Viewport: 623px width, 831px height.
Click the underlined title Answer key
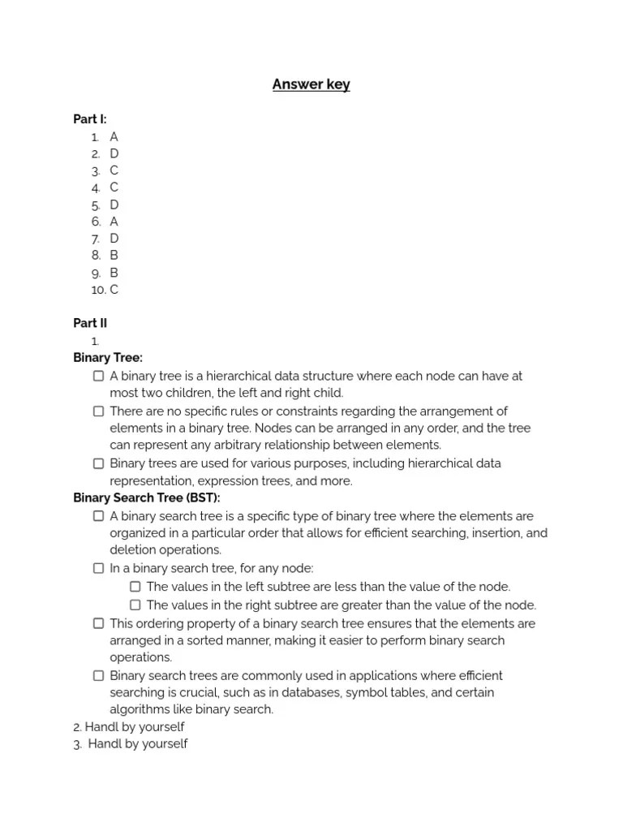pyautogui.click(x=311, y=84)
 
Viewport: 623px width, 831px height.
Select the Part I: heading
pyautogui.click(x=90, y=119)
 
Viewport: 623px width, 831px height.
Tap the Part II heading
pyautogui.click(x=90, y=323)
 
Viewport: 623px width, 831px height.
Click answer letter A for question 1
pyautogui.click(x=114, y=136)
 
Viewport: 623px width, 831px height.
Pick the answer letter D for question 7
pyautogui.click(x=114, y=238)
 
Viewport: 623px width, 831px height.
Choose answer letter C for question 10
pyautogui.click(x=114, y=289)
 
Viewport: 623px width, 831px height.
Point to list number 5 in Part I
pyautogui.click(x=96, y=205)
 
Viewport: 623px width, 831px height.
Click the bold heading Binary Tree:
pyautogui.click(x=108, y=358)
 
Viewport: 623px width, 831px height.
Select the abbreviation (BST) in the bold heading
pyautogui.click(x=202, y=497)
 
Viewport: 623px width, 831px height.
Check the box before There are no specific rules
pyautogui.click(x=98, y=411)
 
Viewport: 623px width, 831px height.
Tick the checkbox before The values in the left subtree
pyautogui.click(x=135, y=587)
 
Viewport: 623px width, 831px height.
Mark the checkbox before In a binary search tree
pyautogui.click(x=98, y=568)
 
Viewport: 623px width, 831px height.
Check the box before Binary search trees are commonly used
pyautogui.click(x=98, y=675)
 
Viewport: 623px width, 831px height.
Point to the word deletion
pyautogui.click(x=134, y=549)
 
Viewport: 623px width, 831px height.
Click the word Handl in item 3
pyautogui.click(x=105, y=743)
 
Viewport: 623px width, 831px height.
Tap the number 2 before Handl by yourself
pyautogui.click(x=76, y=726)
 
